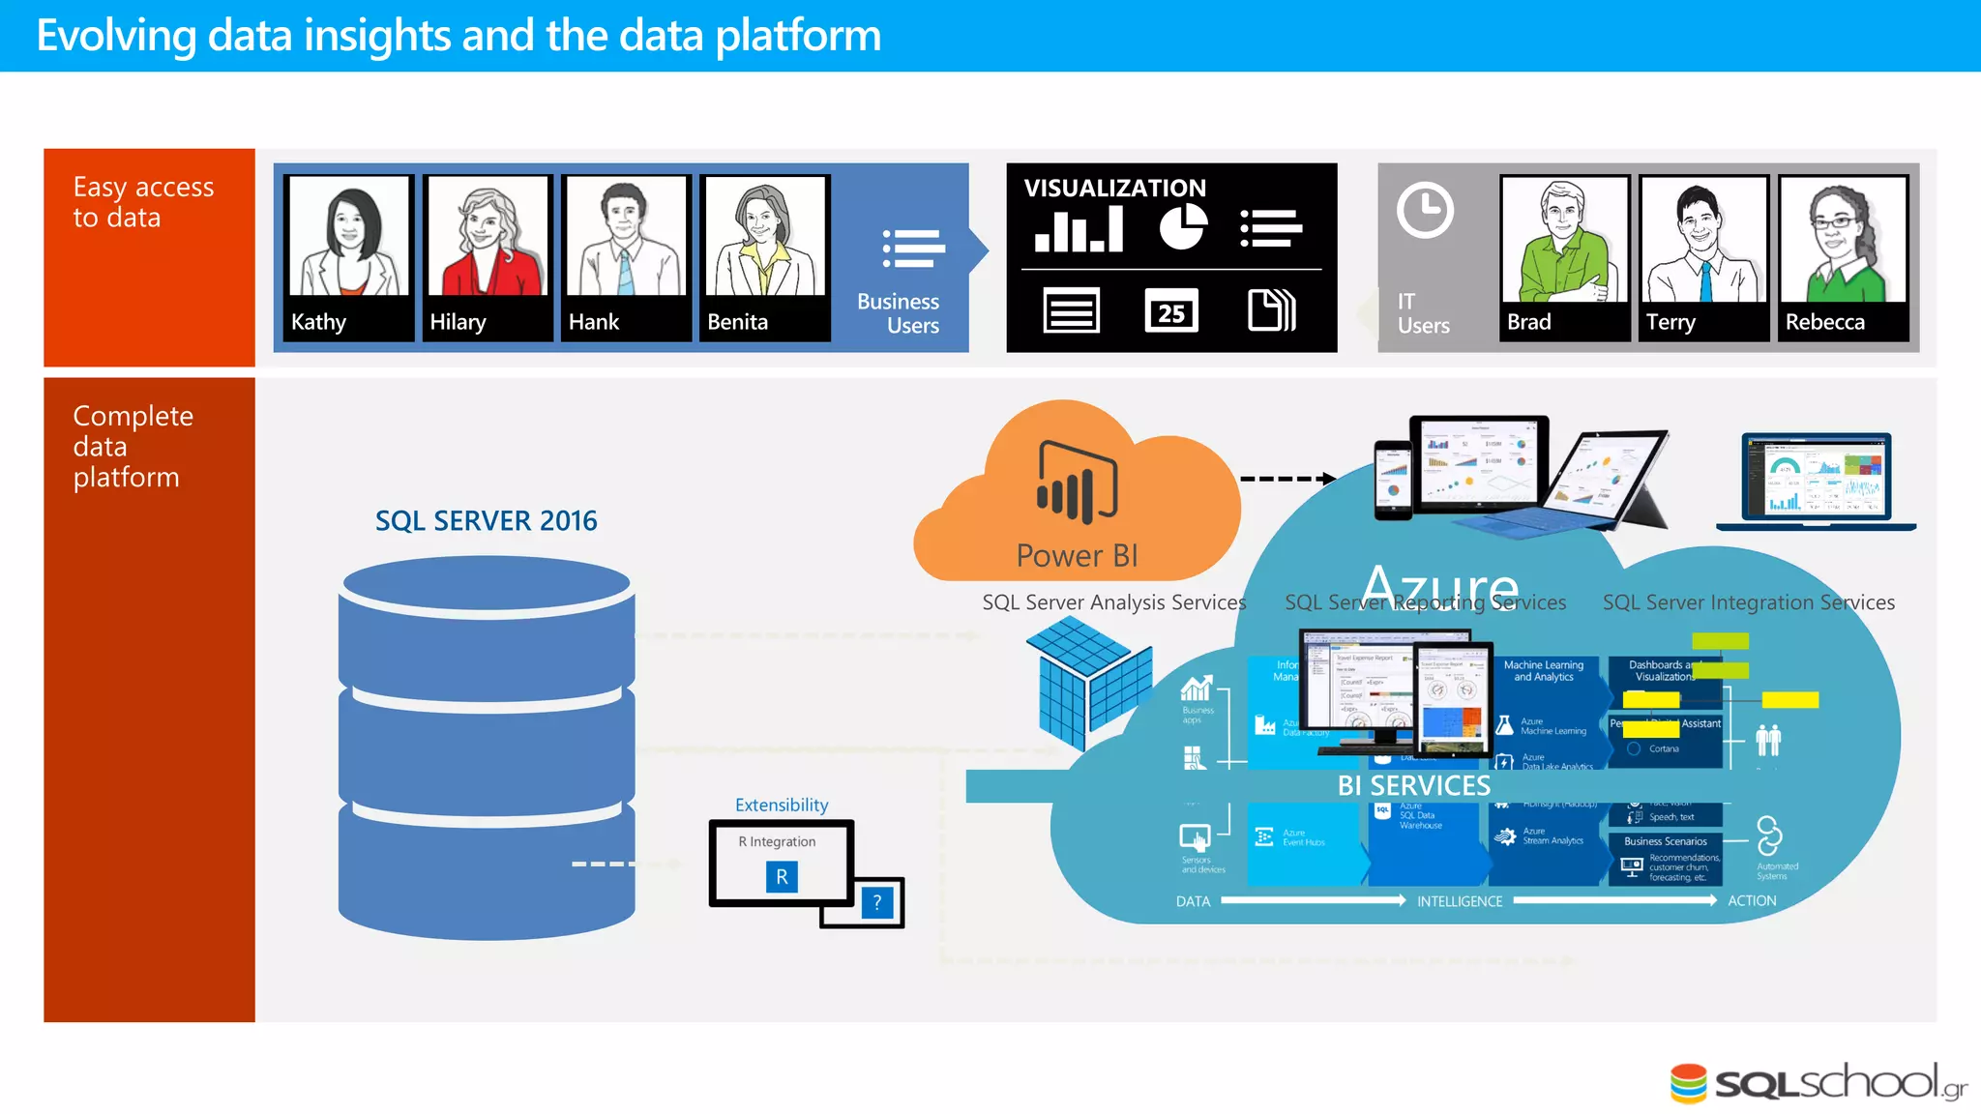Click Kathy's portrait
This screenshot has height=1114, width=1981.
pos(349,237)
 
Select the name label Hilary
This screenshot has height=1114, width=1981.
pos(458,322)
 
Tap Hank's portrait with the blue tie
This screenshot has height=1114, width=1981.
pos(626,237)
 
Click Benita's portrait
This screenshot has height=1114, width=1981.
pos(765,237)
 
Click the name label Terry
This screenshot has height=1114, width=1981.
pos(1671,322)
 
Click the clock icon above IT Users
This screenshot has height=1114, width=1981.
pos(1425,210)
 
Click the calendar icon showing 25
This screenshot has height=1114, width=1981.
pos(1171,311)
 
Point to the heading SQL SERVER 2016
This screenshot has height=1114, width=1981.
pos(486,521)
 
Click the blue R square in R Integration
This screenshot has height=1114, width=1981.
pos(782,877)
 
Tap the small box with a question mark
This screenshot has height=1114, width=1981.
pos(877,902)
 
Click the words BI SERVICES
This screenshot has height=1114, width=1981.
pos(1413,786)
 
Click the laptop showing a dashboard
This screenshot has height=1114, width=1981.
pos(1816,481)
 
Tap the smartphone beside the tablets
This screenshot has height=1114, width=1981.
pos(1393,480)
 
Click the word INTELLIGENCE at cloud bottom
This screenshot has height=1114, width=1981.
pos(1459,901)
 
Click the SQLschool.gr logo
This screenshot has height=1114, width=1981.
pos(1818,1083)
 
